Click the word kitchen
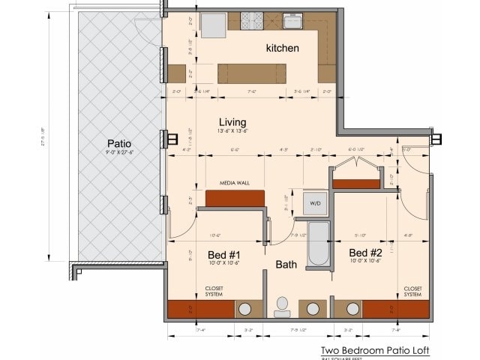[x=282, y=49]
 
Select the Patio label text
[x=119, y=143]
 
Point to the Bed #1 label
[x=223, y=254]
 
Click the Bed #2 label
[x=365, y=253]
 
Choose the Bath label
[x=286, y=265]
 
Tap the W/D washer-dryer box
[x=315, y=202]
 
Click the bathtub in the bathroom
[x=319, y=244]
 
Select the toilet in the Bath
[x=283, y=306]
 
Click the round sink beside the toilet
[x=313, y=309]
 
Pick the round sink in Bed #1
[x=244, y=309]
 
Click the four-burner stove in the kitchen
[x=252, y=20]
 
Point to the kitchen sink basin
[x=293, y=20]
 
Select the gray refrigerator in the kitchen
[x=214, y=25]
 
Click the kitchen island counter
[x=251, y=73]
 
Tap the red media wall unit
[x=235, y=198]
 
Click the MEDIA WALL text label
[x=234, y=183]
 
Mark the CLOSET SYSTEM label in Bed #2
[x=412, y=291]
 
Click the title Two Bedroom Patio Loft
[x=375, y=350]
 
